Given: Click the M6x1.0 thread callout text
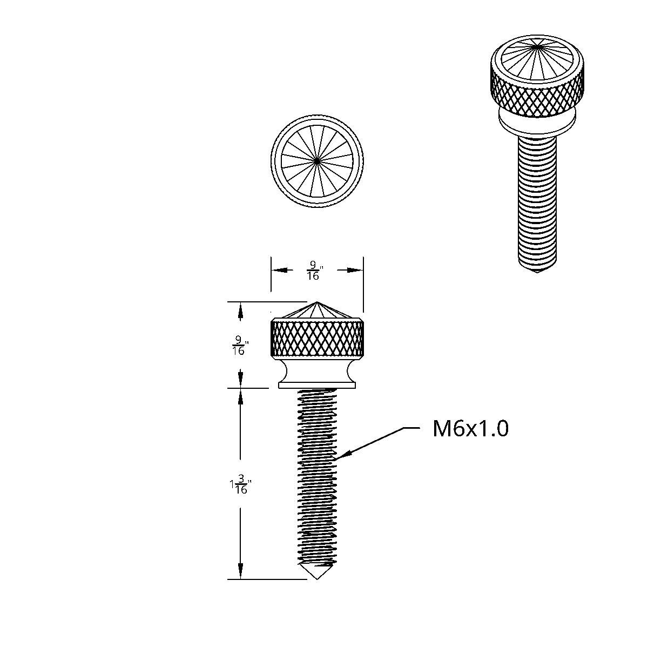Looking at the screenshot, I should (x=470, y=429).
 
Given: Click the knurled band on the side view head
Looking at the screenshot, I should (x=317, y=338).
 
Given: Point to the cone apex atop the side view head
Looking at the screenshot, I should (x=317, y=303).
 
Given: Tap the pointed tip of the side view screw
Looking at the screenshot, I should (x=317, y=578).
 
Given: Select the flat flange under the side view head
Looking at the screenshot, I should (x=317, y=384).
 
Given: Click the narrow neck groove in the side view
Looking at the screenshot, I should (x=317, y=370).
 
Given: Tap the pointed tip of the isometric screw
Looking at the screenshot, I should (x=536, y=271).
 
